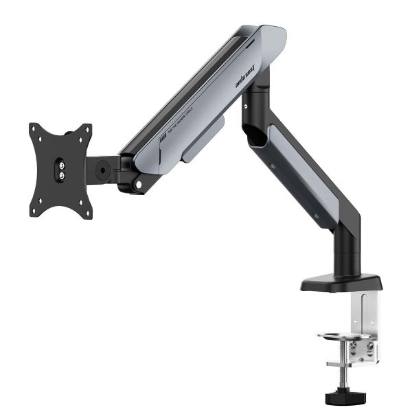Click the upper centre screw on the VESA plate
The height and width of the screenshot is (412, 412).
tap(60, 164)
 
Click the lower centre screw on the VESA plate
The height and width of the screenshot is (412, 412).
tap(60, 175)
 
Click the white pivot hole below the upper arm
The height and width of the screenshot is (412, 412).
tap(139, 183)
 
